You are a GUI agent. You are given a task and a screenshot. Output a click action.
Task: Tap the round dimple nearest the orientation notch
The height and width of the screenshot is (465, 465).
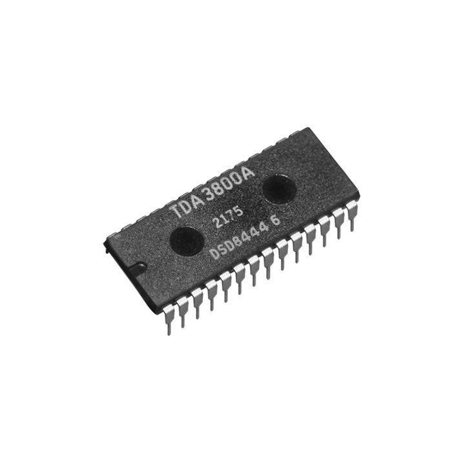coord(185,240)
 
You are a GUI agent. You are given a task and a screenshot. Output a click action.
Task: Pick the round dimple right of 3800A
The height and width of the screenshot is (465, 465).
coord(279,187)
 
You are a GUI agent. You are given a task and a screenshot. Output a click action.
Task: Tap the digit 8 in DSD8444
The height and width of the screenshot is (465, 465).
coord(243,245)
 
